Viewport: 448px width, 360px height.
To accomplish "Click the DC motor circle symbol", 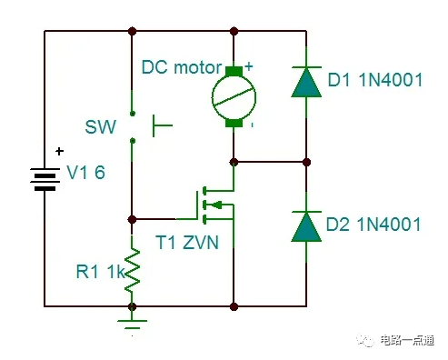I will point(234,95).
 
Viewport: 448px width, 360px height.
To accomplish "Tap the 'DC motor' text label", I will point(181,67).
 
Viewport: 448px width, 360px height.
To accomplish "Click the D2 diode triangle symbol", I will point(307,225).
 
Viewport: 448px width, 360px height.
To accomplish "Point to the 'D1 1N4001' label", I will point(374,81).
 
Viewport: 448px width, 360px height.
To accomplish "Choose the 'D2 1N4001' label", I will point(374,224).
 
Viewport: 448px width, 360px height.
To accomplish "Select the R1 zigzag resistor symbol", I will point(134,269).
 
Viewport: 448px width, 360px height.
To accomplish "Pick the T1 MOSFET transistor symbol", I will point(214,205).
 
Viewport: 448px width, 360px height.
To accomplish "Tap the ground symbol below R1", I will point(134,321).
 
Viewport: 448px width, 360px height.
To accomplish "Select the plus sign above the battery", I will point(60,152).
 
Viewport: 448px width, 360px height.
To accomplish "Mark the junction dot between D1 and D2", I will point(307,162).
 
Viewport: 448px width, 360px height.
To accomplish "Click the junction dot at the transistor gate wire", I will point(134,218).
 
